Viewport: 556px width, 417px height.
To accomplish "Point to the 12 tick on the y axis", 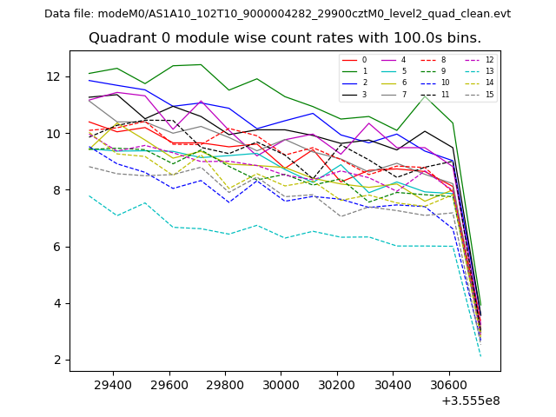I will click(57, 76).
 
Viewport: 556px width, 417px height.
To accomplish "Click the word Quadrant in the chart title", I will click(120, 38).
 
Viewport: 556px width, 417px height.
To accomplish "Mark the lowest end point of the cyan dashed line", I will click(480, 356).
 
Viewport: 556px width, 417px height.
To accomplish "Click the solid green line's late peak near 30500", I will click(424, 96).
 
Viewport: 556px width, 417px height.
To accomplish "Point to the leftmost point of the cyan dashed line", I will click(89, 195).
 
